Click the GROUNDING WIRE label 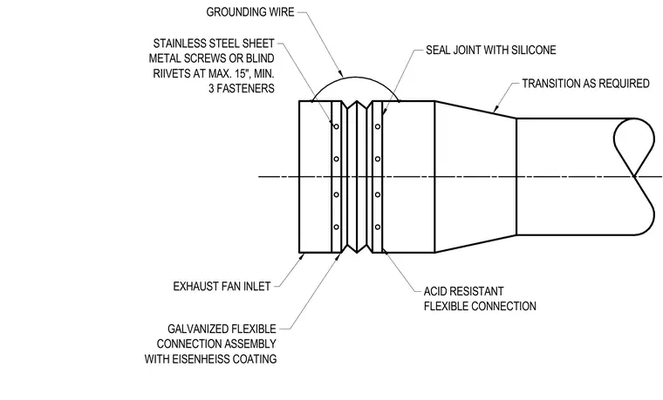pyautogui.click(x=249, y=12)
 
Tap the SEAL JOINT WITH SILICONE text pyautogui.click(x=490, y=50)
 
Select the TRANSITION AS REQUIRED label pyautogui.click(x=585, y=83)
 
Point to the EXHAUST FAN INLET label pyautogui.click(x=222, y=286)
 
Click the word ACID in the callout pyautogui.click(x=435, y=291)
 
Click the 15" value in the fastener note pyautogui.click(x=241, y=73)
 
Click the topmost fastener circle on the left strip pyautogui.click(x=336, y=126)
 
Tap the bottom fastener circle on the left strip pyautogui.click(x=336, y=227)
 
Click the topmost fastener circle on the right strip pyautogui.click(x=378, y=126)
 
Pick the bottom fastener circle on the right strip pyautogui.click(x=378, y=227)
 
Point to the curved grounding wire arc pyautogui.click(x=355, y=77)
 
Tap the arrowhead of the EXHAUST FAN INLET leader pyautogui.click(x=302, y=255)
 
